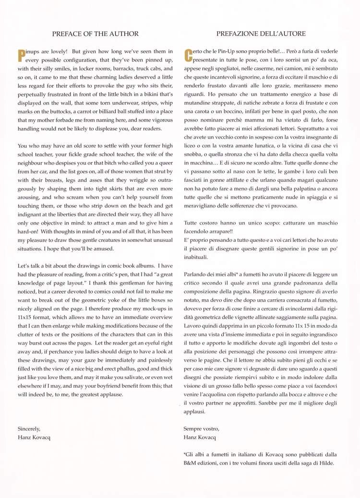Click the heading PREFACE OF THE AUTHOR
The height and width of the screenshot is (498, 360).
(95, 34)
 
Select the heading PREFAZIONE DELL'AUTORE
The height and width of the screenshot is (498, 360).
(261, 34)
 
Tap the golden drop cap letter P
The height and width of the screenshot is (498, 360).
(21, 56)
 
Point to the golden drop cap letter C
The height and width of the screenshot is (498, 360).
(188, 56)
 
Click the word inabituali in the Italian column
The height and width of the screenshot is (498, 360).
(198, 256)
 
